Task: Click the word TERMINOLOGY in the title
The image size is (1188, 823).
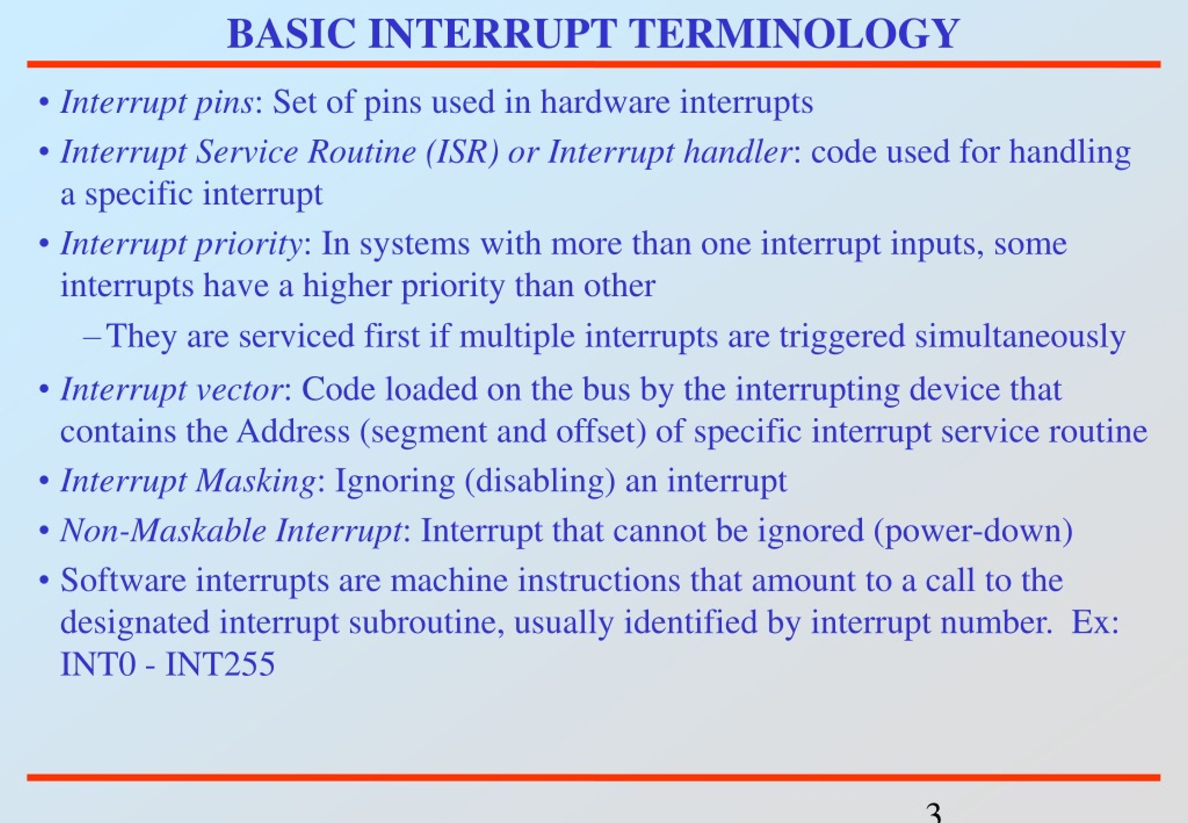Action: click(x=794, y=34)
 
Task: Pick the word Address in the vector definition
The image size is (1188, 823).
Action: click(x=293, y=431)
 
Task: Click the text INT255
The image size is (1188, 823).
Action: click(x=220, y=664)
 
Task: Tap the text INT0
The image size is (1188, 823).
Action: click(x=98, y=664)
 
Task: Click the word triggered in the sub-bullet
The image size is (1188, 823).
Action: click(x=842, y=337)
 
